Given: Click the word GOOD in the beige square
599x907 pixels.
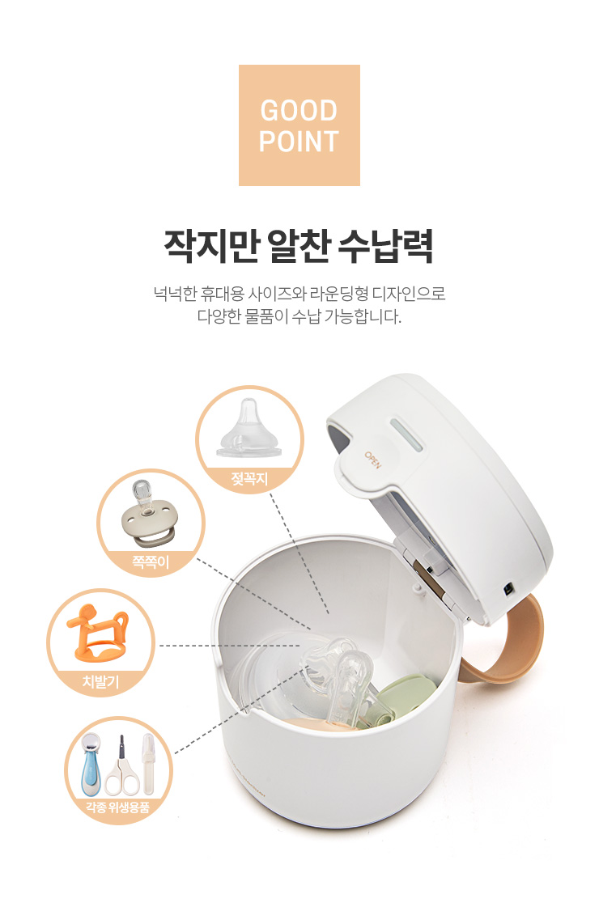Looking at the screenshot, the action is click(x=299, y=111).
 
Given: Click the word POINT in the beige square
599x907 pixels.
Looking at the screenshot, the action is click(x=299, y=142).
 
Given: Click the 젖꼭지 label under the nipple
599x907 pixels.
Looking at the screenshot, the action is click(x=249, y=479).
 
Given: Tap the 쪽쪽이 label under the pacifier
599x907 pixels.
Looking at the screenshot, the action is click(x=151, y=562).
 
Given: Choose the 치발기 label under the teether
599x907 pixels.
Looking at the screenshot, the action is click(x=100, y=681).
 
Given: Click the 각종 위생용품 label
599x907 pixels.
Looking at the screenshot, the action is click(x=118, y=807).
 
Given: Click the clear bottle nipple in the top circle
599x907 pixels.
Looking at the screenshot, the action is click(x=249, y=429).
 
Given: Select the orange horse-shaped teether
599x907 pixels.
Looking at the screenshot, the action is click(x=99, y=634).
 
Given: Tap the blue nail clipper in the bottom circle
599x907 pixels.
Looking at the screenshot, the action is click(x=91, y=764).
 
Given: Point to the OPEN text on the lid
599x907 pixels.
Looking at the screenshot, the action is click(x=372, y=459).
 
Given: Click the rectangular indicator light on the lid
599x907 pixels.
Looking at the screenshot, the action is click(x=407, y=437).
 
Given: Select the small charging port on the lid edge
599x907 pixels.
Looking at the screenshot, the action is click(x=508, y=589).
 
